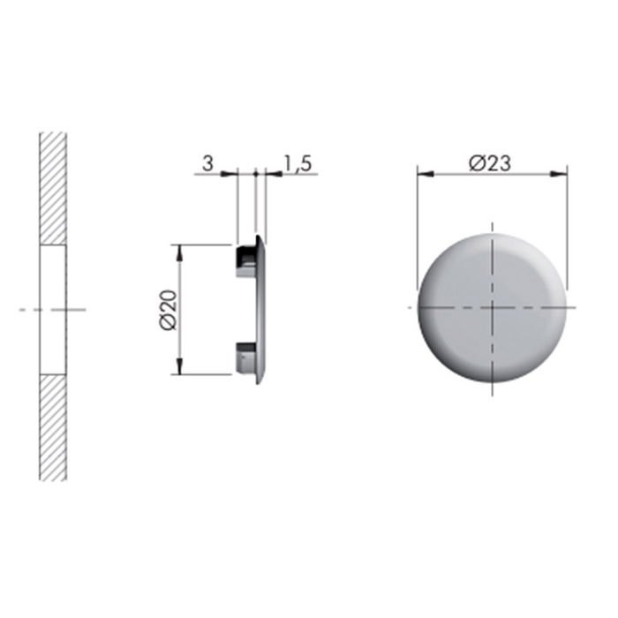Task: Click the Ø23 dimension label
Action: click(492, 162)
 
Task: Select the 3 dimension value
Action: click(207, 162)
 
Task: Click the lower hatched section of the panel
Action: click(53, 427)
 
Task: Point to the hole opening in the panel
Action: click(53, 309)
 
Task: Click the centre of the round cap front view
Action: click(492, 307)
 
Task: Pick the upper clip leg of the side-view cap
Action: click(245, 261)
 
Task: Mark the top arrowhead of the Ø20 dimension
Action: click(181, 250)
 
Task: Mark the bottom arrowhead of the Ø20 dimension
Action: click(181, 369)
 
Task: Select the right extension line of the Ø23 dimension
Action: click(567, 230)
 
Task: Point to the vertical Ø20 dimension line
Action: click(181, 283)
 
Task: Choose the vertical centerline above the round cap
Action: click(492, 228)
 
